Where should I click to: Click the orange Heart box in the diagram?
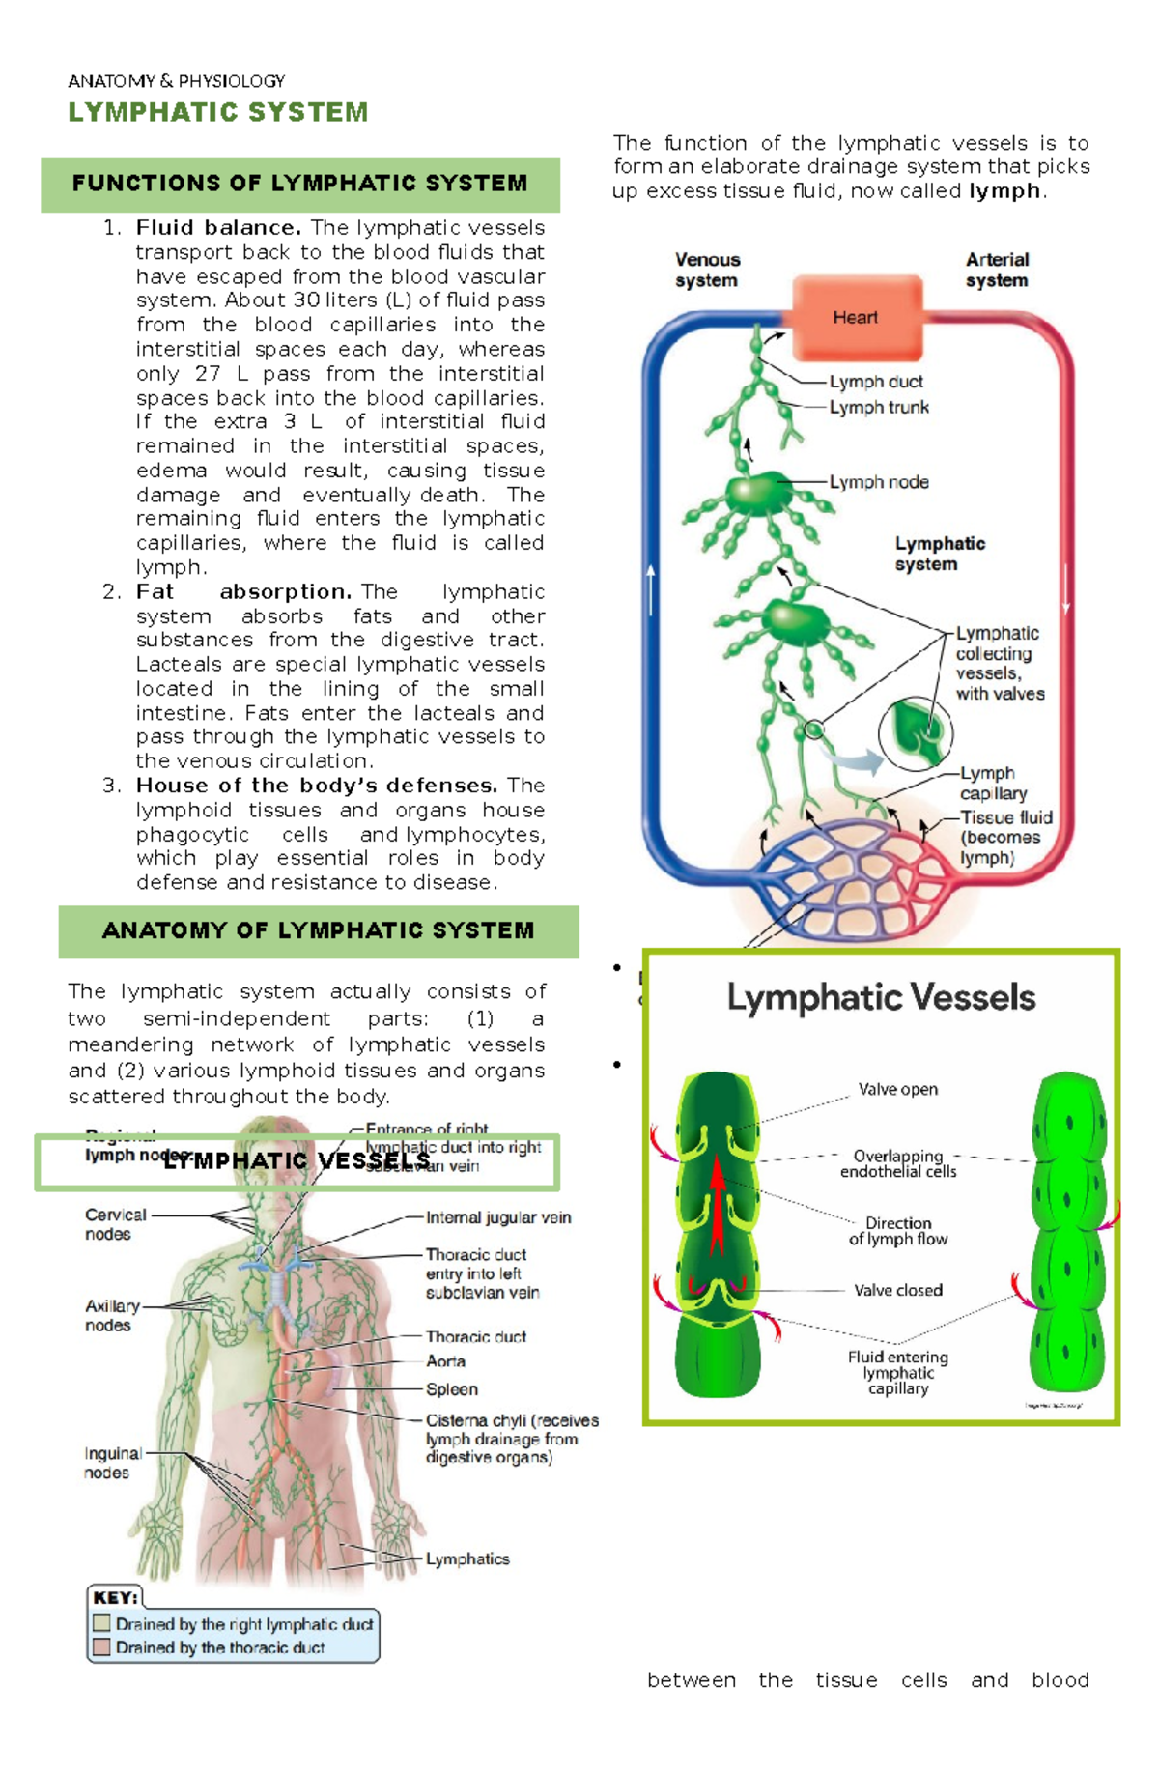click(x=856, y=317)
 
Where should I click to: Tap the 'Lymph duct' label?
click(x=875, y=382)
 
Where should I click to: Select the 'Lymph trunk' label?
click(x=878, y=408)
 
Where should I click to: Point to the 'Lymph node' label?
click(x=878, y=482)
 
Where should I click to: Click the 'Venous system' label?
click(x=707, y=271)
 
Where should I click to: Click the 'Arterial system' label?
click(x=997, y=271)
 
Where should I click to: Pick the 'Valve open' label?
click(x=897, y=1090)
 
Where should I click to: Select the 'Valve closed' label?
click(x=897, y=1291)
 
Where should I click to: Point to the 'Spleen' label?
click(x=452, y=1389)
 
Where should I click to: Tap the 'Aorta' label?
click(x=445, y=1361)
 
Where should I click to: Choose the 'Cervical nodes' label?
click(x=114, y=1224)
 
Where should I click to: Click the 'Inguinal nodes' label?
click(x=112, y=1463)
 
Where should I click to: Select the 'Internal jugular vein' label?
click(x=498, y=1218)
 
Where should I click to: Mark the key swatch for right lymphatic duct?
click(x=101, y=1623)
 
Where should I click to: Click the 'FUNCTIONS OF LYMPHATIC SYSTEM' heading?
click(x=299, y=184)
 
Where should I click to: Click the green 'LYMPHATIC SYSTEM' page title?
click(x=218, y=113)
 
